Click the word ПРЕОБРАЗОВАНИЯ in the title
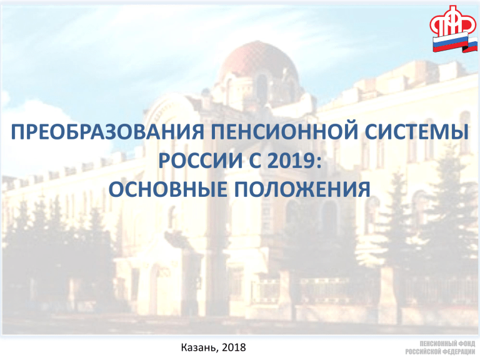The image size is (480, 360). click(x=107, y=132)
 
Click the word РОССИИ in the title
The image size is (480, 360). click(x=200, y=161)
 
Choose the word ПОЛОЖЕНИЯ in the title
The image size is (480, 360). click(x=302, y=189)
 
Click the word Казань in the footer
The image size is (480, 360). click(x=199, y=347)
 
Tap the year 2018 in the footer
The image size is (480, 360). click(x=234, y=347)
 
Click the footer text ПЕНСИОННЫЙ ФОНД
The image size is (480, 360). click(x=447, y=344)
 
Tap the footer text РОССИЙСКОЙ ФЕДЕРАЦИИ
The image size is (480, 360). click(x=440, y=351)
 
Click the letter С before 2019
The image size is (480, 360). click(x=255, y=161)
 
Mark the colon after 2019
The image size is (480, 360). click(x=319, y=163)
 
